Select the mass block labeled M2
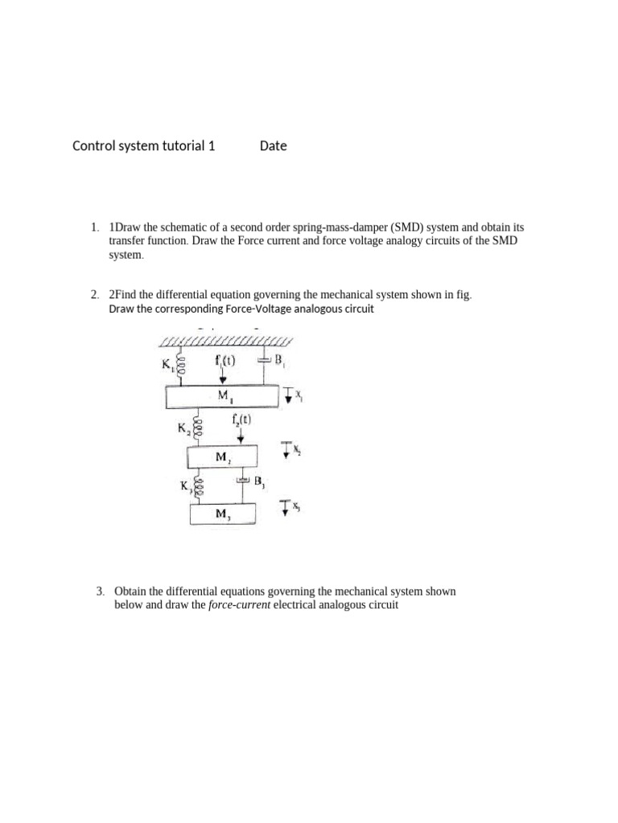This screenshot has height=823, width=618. tap(222, 457)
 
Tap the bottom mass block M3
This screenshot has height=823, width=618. tap(222, 513)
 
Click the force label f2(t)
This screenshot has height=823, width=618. tap(241, 419)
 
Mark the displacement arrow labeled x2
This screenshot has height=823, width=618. tap(286, 450)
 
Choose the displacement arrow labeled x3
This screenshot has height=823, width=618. tap(285, 506)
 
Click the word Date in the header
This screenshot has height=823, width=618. tap(274, 146)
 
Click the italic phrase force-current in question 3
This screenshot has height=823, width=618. tap(240, 605)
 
